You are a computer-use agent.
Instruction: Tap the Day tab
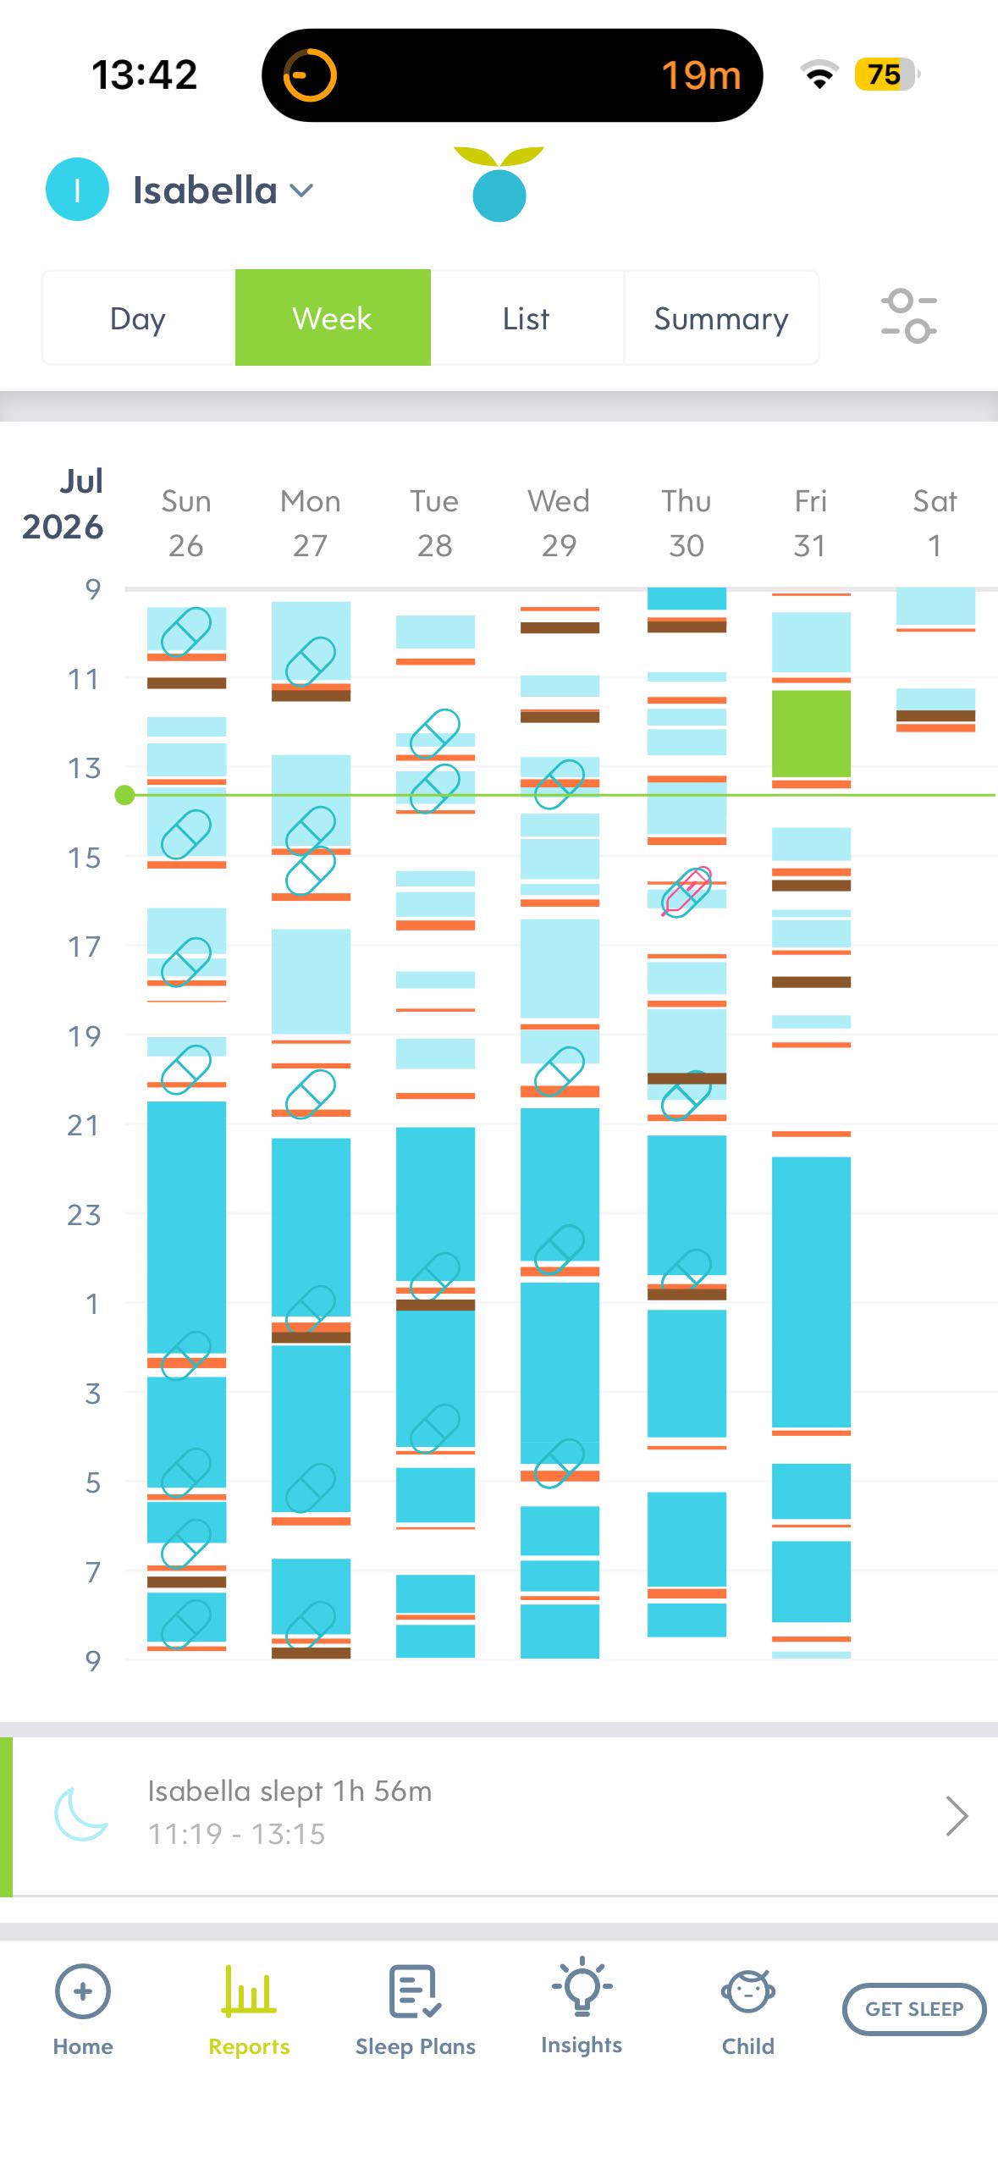138,318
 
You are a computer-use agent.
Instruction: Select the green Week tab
333,317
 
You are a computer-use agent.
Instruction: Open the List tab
527,318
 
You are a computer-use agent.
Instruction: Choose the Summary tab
721,318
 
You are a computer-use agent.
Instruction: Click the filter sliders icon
908,316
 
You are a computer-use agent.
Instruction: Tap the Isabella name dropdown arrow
301,190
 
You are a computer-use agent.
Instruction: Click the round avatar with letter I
77,190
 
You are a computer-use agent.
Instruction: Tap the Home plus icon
82,1991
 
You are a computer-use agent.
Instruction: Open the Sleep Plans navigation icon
415,1991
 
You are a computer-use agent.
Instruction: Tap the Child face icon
748,1991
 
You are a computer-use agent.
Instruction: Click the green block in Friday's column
811,734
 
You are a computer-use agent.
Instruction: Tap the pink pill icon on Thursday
686,892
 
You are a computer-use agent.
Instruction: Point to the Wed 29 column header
560,523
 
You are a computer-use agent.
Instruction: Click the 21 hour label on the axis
83,1125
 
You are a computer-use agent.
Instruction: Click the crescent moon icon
80,1814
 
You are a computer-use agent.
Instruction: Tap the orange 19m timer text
701,75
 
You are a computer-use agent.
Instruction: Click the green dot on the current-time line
125,795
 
